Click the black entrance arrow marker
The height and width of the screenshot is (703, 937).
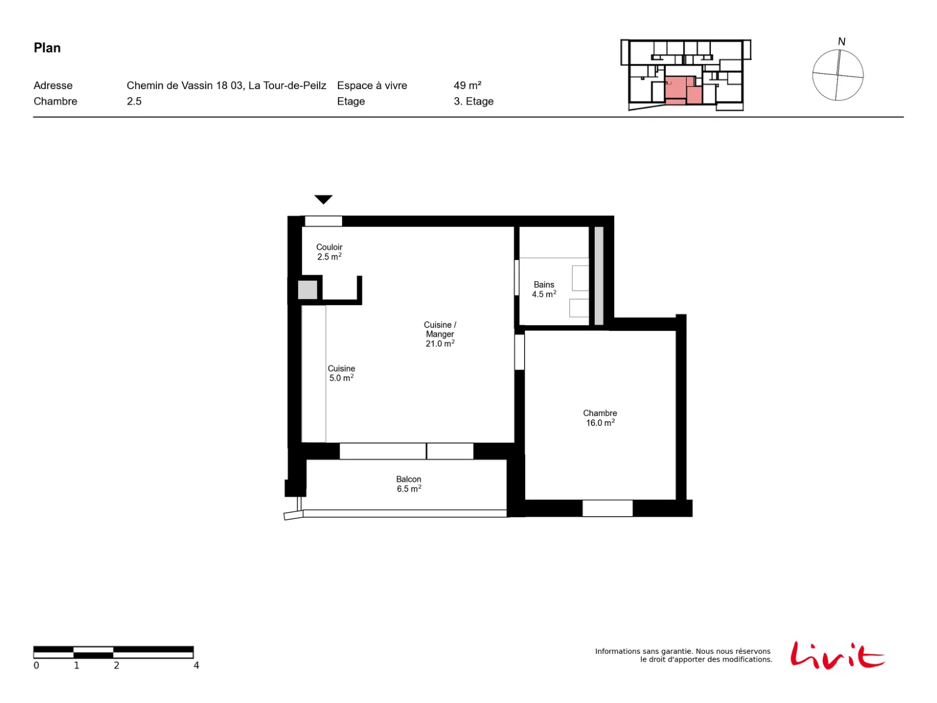323,199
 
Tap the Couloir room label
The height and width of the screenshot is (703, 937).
329,247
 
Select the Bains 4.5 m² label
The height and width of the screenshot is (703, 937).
544,289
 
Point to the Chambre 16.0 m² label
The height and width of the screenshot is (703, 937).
600,418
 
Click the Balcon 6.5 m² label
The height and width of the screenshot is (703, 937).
409,484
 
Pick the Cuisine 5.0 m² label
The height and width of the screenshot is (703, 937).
341,373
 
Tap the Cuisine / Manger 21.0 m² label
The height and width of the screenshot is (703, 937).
440,334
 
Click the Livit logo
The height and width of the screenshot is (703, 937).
837,655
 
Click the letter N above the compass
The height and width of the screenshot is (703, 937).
842,42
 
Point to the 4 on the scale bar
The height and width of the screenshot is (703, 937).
196,666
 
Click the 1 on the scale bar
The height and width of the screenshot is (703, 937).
76,666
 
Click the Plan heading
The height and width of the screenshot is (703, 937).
47,48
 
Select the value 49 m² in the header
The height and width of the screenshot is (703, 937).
467,86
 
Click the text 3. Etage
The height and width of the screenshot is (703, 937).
473,101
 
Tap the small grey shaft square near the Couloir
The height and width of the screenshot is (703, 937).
307,290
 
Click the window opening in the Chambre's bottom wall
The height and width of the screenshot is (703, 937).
607,509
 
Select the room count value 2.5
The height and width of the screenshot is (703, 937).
134,101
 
